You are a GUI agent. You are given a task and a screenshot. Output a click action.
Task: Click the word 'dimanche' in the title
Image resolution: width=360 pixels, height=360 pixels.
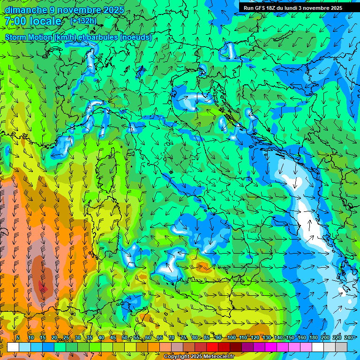(26, 10)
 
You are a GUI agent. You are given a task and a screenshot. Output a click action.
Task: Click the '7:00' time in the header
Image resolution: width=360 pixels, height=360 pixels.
(15, 21)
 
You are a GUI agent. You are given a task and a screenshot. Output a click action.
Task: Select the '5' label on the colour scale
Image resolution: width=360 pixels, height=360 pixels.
(18, 337)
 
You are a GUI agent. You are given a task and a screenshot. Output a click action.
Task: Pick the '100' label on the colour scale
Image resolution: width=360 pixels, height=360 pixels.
(231, 337)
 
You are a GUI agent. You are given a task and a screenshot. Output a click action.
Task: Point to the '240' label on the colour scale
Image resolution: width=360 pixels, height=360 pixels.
(348, 337)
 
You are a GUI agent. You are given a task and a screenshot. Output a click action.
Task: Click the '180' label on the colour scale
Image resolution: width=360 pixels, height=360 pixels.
(313, 337)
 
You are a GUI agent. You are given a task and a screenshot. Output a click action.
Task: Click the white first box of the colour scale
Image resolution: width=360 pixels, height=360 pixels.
(13, 347)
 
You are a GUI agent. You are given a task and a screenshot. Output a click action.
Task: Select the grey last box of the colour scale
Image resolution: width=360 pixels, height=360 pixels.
(341, 347)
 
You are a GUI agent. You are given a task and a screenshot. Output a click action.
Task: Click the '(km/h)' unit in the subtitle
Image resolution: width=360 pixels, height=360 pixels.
(65, 37)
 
